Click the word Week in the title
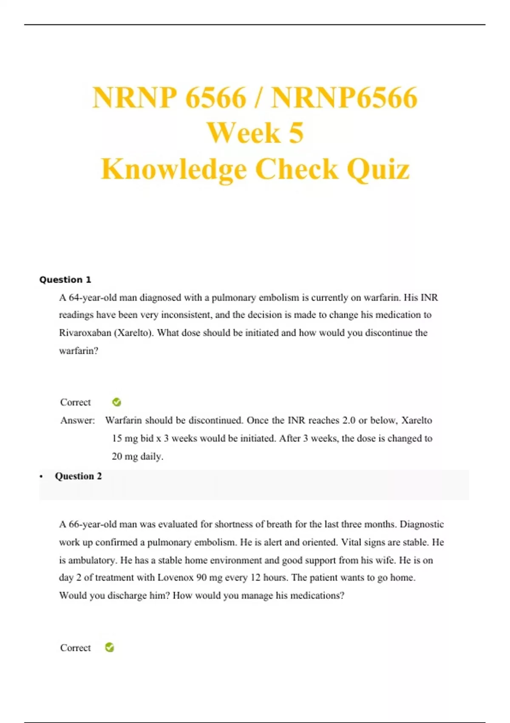click(243, 133)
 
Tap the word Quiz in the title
click(378, 169)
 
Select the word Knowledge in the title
click(173, 169)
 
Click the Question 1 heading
click(65, 279)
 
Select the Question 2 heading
click(78, 476)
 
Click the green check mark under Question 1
click(116, 402)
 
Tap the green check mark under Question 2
click(110, 647)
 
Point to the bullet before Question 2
click(41, 476)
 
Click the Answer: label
click(77, 420)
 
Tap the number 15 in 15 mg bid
click(117, 438)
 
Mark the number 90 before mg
click(202, 577)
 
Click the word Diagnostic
click(422, 524)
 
